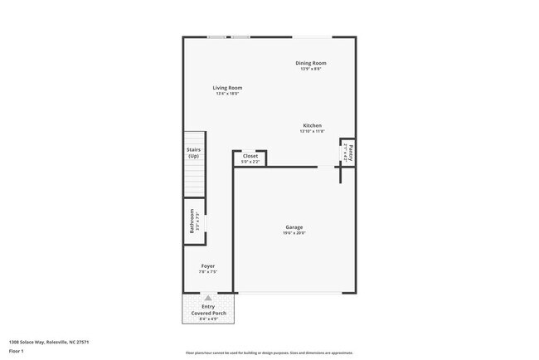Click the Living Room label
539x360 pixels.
pos(227,87)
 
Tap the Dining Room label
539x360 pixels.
pos(311,63)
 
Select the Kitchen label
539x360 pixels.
pos(312,125)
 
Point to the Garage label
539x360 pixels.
pos(294,227)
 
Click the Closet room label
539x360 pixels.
pos(250,155)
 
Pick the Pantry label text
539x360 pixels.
pos(351,152)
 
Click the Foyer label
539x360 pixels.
pos(207,266)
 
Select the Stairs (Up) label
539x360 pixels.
pos(193,153)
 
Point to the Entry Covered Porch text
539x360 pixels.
pos(207,309)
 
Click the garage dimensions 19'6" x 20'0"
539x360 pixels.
pos(294,233)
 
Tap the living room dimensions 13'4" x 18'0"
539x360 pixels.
pos(227,94)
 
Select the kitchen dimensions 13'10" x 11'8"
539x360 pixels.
pos(312,131)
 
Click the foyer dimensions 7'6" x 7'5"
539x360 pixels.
pos(207,272)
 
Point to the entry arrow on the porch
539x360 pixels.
pos(207,297)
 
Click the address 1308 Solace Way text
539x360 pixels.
pos(49,342)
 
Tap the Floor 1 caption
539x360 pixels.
pos(16,351)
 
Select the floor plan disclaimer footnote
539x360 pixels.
pos(269,352)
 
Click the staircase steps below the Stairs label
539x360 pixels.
pos(193,178)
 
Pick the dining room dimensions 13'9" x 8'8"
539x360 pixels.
pos(311,69)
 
